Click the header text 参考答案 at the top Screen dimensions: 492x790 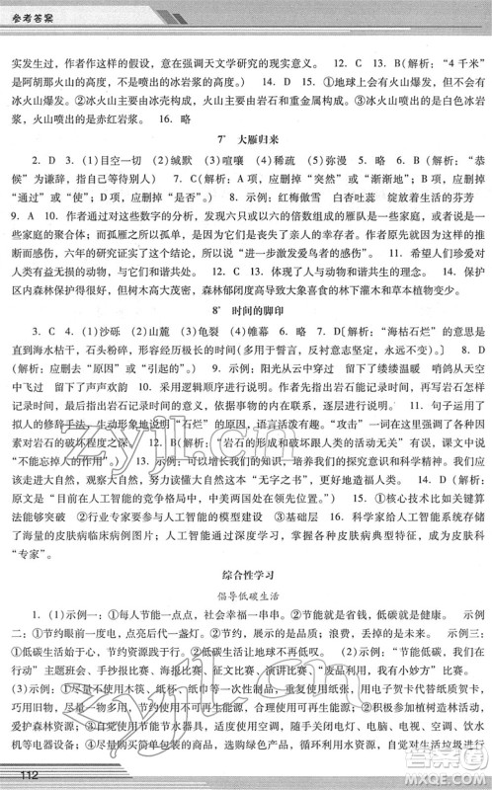(38, 10)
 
